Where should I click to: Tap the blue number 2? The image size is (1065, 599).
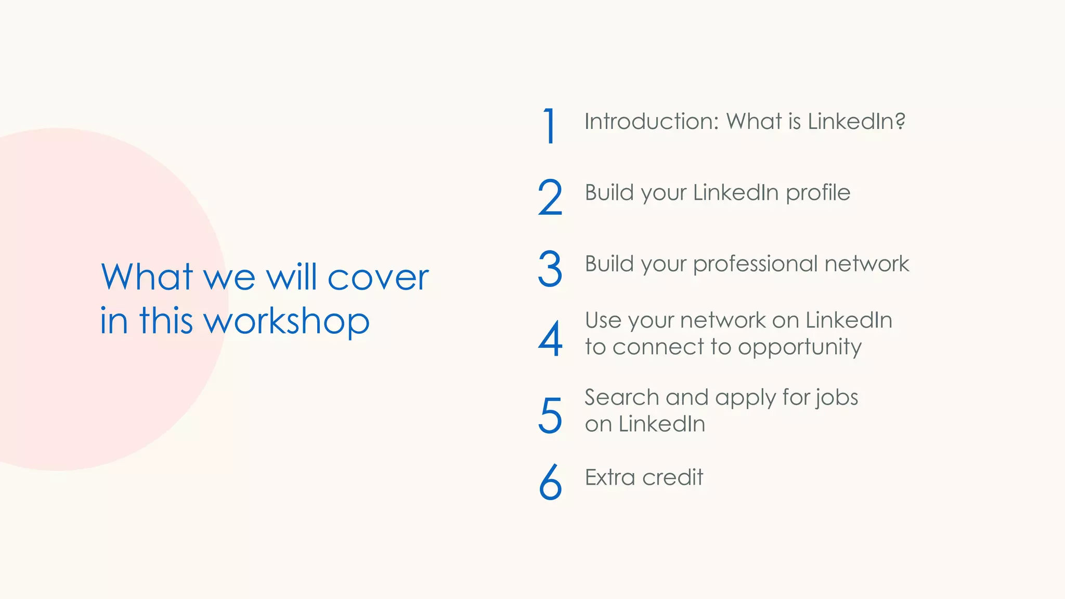pos(550,197)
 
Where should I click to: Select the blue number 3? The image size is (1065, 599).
pos(550,268)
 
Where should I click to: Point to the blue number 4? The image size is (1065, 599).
pos(550,339)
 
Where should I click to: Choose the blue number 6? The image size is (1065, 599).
pos(550,482)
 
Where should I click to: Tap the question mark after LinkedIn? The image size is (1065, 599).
pos(900,121)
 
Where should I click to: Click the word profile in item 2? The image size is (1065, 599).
pos(817,193)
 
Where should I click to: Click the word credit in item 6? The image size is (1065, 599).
pos(673,477)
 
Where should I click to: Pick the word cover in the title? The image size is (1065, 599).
pos(378,278)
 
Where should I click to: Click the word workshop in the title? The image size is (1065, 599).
pos(287,321)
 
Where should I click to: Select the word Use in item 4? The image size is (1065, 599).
pos(603,320)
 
